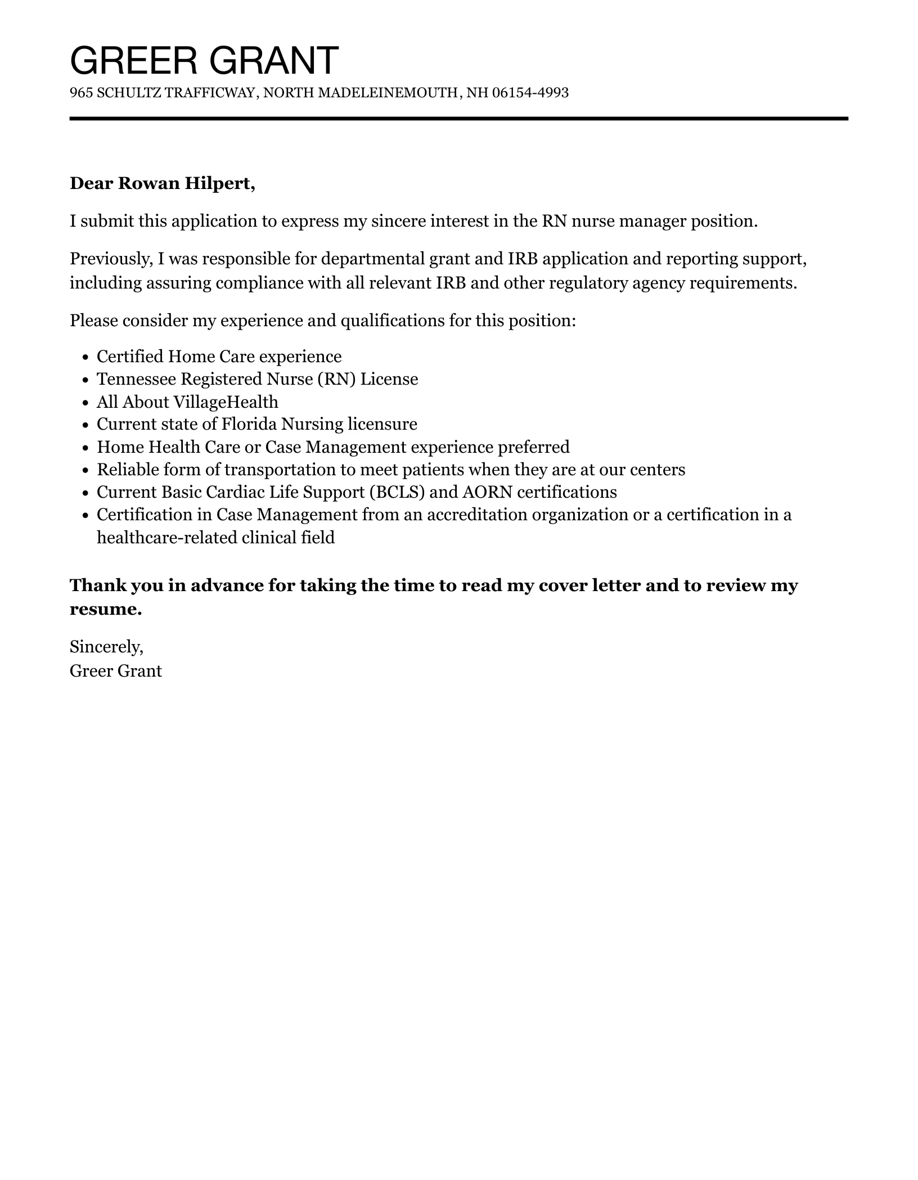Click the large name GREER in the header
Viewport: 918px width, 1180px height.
coord(133,60)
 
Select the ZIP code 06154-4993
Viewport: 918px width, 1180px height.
coord(530,93)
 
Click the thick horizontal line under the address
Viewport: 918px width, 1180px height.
coord(458,119)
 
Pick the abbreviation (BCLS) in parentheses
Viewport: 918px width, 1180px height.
coord(397,492)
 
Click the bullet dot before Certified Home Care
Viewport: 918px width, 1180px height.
coord(85,358)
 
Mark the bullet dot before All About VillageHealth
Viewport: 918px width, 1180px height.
coord(85,403)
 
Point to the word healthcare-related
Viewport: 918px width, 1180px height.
coord(166,538)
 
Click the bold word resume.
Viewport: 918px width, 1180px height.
coord(105,609)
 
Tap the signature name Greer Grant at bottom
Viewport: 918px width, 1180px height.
coord(116,671)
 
